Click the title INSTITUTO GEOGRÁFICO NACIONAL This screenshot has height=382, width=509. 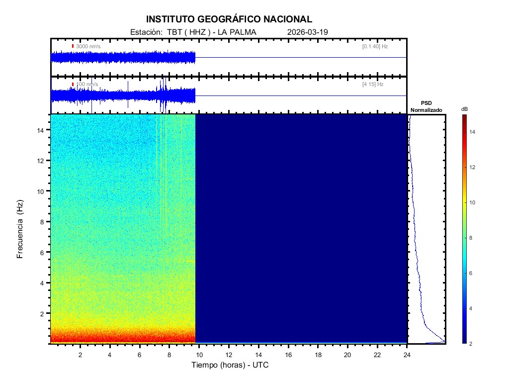[229, 19]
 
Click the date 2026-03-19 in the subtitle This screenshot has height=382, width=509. [308, 32]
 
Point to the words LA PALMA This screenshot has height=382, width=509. [240, 32]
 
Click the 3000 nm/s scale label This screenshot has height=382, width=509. [88, 46]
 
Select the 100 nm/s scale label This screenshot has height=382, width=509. [87, 85]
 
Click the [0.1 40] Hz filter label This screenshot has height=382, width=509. [375, 46]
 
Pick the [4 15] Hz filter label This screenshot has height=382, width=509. [373, 85]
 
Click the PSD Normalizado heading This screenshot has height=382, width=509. [426, 106]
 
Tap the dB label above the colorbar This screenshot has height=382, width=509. [464, 109]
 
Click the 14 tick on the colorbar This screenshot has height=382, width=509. [473, 132]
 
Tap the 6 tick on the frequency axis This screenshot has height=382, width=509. [43, 252]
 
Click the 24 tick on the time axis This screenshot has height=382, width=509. [407, 355]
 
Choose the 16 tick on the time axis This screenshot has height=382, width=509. [288, 355]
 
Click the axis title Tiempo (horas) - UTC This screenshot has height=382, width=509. [230, 365]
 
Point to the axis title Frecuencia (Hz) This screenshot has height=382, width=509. [20, 229]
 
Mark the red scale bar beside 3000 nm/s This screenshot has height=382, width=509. [73, 46]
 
